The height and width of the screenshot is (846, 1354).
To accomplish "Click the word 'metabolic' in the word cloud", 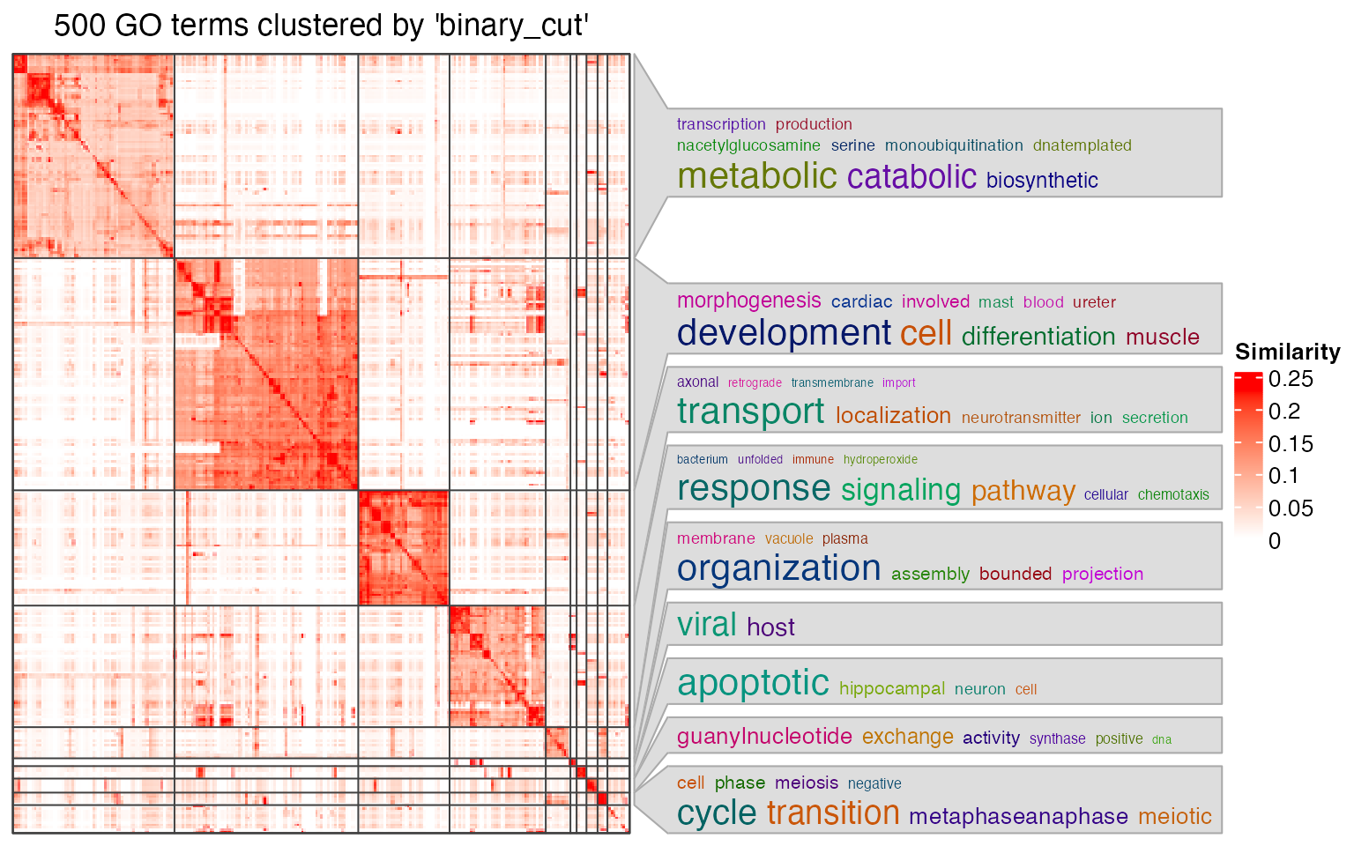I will [756, 176].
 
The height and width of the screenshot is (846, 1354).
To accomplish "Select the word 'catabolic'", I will [911, 177].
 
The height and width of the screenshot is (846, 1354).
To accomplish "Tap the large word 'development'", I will [784, 333].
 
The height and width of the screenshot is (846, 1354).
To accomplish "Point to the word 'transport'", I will [750, 412].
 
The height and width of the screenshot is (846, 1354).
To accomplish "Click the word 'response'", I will [754, 488].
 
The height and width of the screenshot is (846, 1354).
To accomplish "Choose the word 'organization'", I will [778, 568].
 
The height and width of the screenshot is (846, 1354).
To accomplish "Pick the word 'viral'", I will [706, 625].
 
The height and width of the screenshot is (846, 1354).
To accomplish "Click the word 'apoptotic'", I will [753, 683].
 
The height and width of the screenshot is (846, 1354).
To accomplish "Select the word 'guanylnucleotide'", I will [764, 737].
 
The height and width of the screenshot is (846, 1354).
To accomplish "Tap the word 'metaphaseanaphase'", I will [1018, 817].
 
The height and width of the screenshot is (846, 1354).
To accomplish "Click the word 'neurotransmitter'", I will [1021, 418].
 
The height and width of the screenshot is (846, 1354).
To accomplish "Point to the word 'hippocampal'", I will [892, 689].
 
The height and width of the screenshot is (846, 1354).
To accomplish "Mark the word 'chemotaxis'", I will [1173, 495].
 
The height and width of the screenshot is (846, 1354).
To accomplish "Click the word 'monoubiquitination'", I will [954, 145].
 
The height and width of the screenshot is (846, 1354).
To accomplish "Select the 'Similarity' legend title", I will [1287, 352].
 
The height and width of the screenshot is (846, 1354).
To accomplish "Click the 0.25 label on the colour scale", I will [1291, 379].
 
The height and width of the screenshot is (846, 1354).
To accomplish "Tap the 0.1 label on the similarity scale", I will [1284, 476].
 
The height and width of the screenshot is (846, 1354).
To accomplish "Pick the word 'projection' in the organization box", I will [1102, 575].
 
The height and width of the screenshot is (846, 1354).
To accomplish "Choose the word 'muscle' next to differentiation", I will [1162, 338].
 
